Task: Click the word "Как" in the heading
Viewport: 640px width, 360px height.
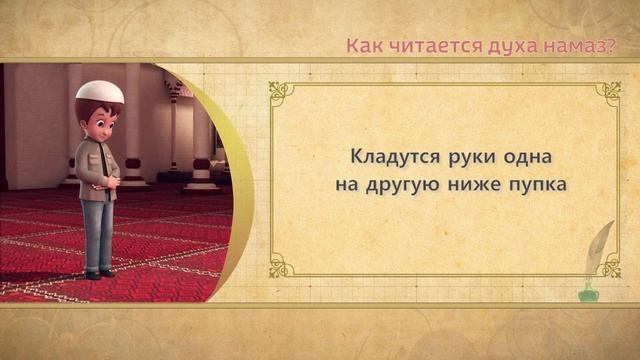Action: point(361,46)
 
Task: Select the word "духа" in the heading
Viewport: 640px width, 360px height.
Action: point(496,46)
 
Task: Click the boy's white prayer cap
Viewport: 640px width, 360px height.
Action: point(100,93)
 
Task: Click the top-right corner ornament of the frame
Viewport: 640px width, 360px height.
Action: point(608,93)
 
